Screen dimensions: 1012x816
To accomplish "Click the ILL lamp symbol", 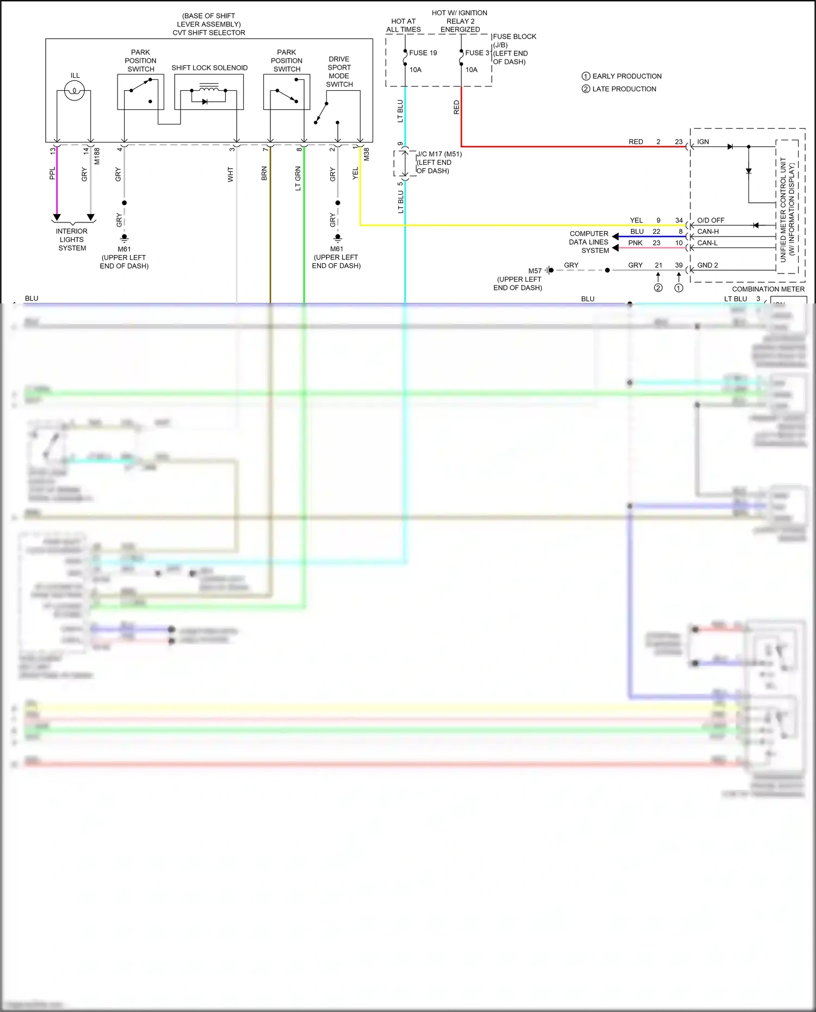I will point(74,91).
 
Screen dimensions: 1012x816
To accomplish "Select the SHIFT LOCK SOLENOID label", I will point(209,68).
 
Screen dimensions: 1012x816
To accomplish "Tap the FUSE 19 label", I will point(423,53).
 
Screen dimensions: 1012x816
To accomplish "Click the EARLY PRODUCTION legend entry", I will point(626,76).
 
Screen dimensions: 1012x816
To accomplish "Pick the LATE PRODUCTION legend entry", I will point(623,89).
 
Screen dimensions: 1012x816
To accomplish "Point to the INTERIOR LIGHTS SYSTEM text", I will point(72,240).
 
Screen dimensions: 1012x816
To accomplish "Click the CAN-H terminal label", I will point(708,232).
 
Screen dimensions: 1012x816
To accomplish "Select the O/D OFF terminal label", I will point(710,220).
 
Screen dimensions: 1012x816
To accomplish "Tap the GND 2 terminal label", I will point(707,265).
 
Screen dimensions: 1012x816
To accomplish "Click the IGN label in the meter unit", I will point(703,142).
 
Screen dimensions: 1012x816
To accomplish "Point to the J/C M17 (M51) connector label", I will point(439,154).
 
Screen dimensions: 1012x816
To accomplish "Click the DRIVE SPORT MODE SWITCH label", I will point(339,72).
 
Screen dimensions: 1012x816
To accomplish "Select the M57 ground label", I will point(535,271).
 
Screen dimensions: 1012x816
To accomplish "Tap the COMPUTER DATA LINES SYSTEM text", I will point(589,242).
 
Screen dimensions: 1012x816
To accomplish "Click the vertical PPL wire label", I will point(52,173).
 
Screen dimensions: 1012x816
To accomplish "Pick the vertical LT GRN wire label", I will point(298,178).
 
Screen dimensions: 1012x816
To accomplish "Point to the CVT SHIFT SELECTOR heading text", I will point(209,33).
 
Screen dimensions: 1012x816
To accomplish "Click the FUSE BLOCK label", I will point(514,36).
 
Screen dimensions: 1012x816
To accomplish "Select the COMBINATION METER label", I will point(768,289).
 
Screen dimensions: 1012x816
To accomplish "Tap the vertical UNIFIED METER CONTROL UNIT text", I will point(783,209).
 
